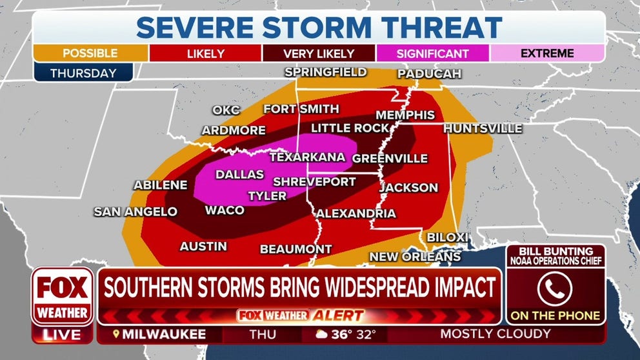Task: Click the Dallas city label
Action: click(x=239, y=174)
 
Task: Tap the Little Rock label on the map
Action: click(x=350, y=128)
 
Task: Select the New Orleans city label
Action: click(x=415, y=257)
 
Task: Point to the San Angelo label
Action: click(x=135, y=212)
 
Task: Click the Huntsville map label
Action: click(x=483, y=129)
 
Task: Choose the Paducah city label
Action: click(x=429, y=74)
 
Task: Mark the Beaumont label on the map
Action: click(x=295, y=249)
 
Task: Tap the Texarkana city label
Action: click(x=307, y=157)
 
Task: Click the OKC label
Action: click(x=226, y=110)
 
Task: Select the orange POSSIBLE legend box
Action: click(x=91, y=54)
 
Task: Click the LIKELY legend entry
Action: click(x=205, y=54)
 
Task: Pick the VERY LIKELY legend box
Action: click(x=319, y=54)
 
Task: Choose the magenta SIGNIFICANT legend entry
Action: click(x=432, y=54)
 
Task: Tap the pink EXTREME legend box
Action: click(x=546, y=54)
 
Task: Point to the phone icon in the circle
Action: click(x=555, y=289)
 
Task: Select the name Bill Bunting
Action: click(x=555, y=251)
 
